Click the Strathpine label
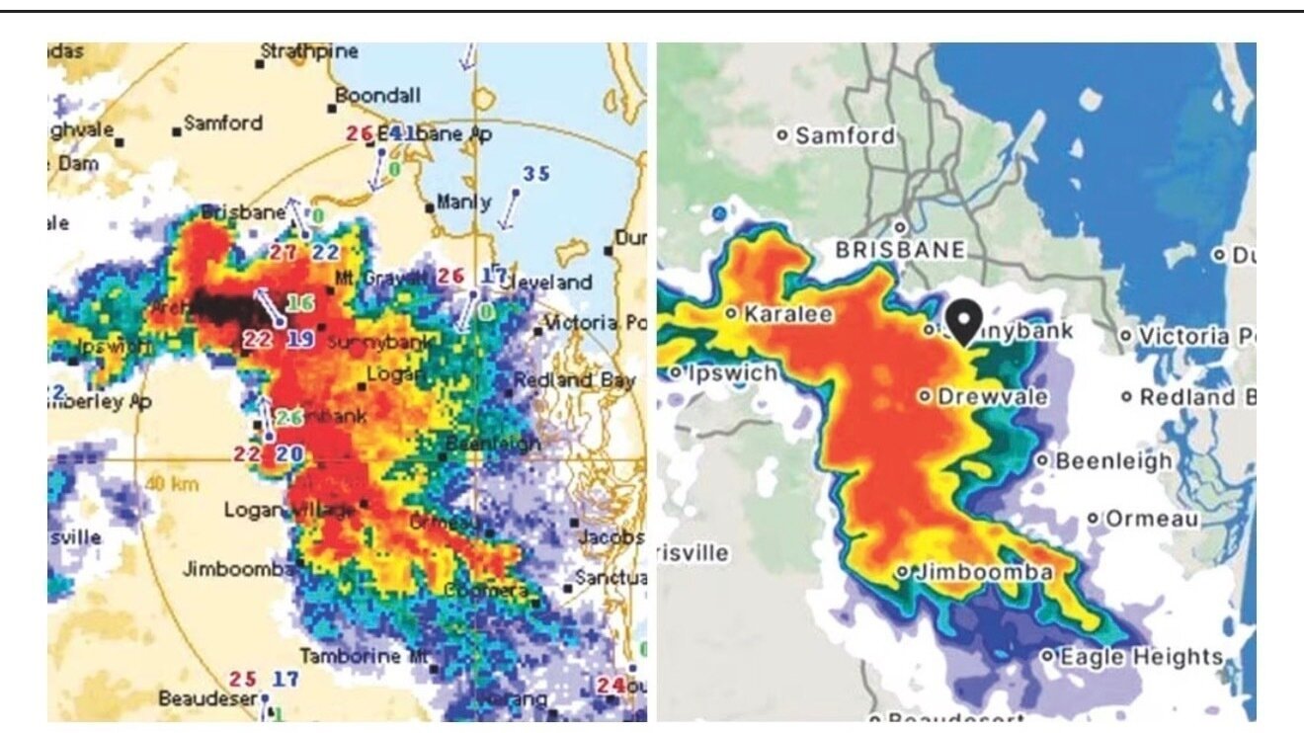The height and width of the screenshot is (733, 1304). coord(309,51)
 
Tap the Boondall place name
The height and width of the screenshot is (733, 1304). coord(378,96)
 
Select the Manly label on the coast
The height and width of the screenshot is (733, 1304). coord(463,203)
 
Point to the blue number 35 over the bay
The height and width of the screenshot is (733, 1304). coord(535,174)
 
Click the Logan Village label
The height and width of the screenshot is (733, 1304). coord(288,510)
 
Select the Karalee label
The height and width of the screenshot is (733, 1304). coord(774,314)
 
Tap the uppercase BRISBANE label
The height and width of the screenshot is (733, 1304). coord(899,250)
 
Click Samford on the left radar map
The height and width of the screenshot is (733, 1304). coord(223,123)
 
